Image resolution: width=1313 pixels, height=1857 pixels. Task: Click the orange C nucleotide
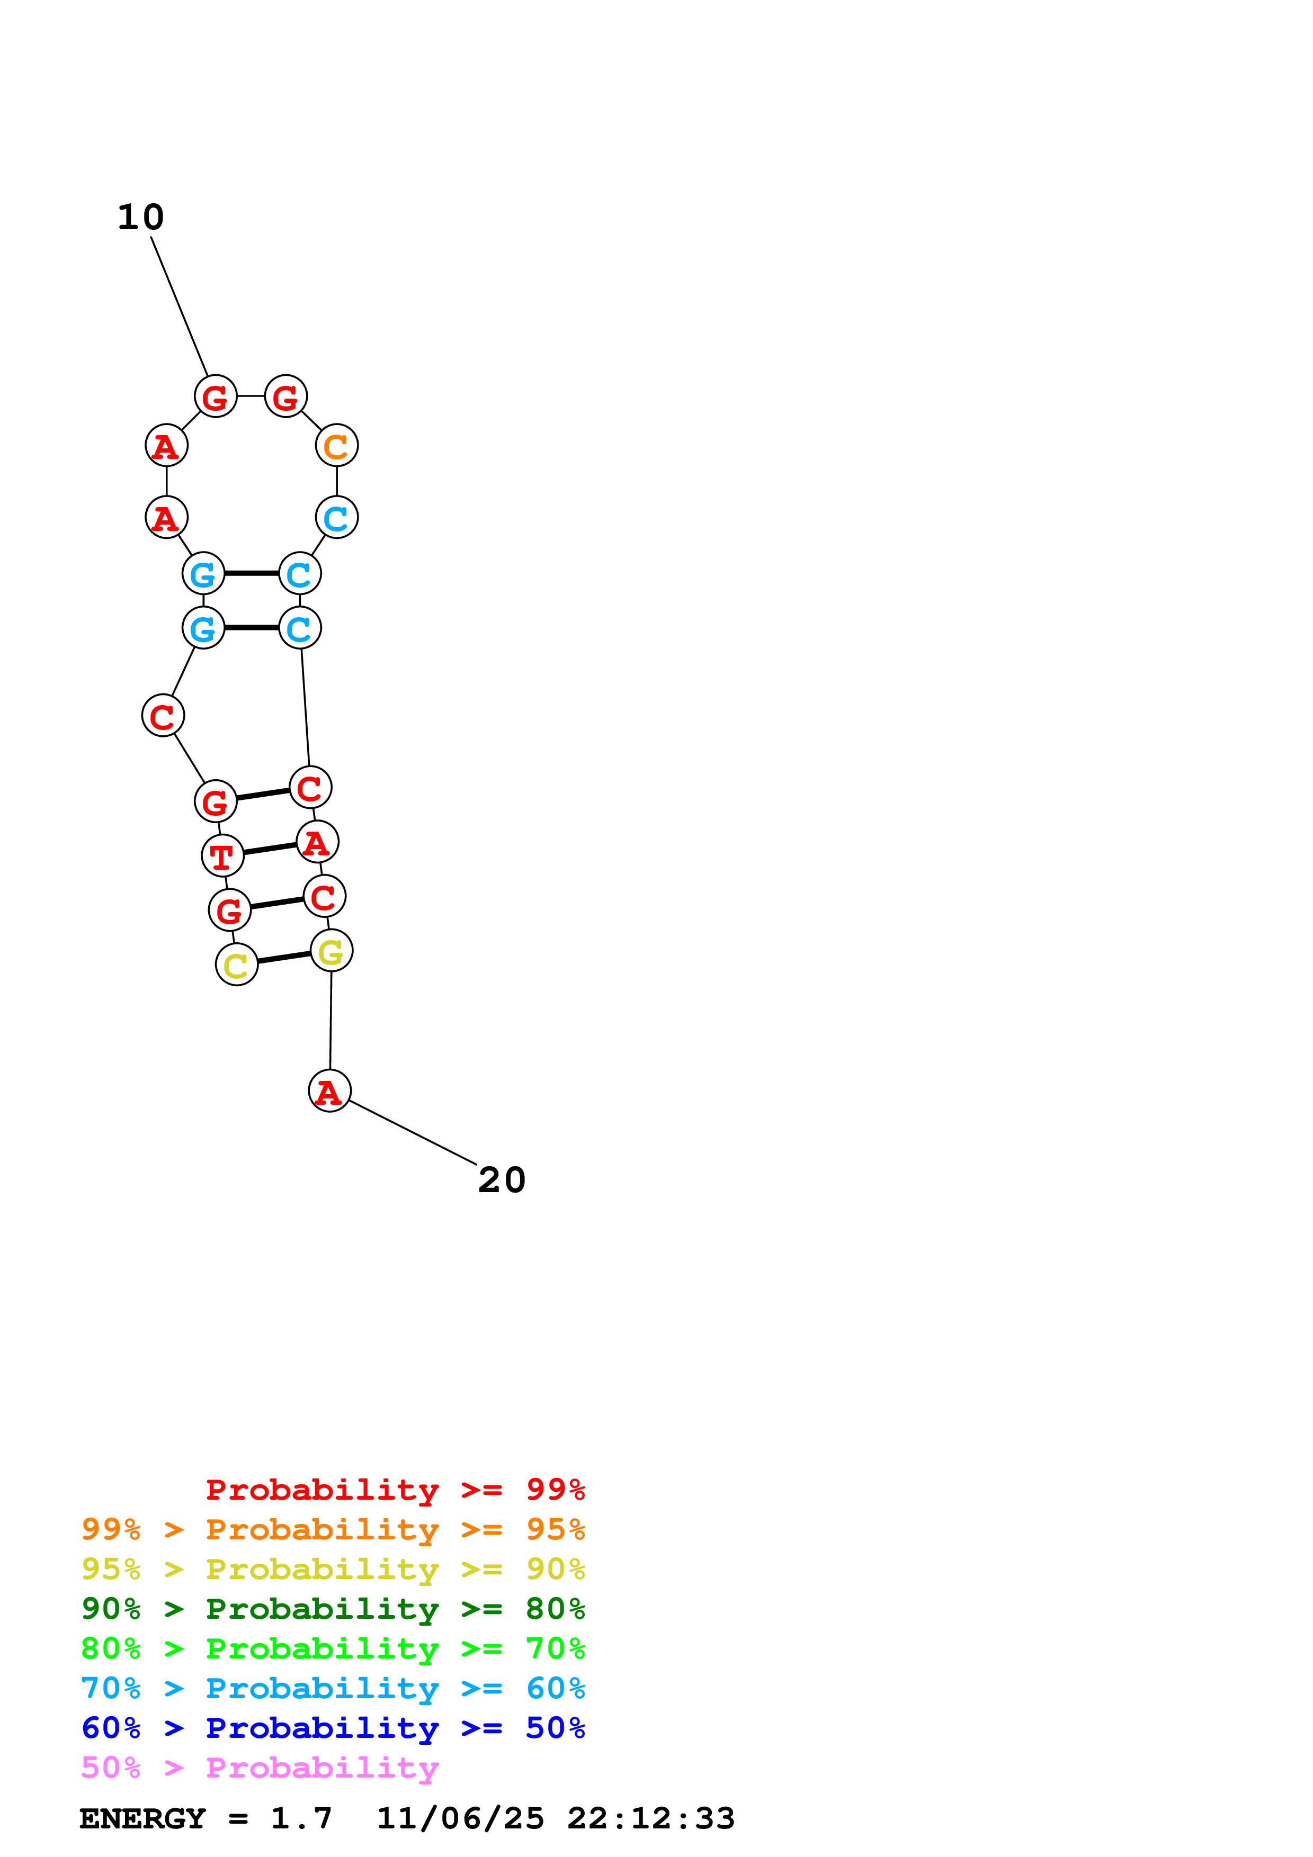tap(336, 446)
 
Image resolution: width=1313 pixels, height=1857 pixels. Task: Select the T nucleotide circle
tap(222, 855)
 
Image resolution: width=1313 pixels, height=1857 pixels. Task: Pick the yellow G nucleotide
tap(331, 951)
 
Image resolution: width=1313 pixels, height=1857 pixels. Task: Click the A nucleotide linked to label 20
tap(329, 1090)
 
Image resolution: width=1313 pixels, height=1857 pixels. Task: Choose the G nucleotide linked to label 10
tap(215, 396)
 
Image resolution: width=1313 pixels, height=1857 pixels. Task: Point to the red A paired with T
tap(317, 843)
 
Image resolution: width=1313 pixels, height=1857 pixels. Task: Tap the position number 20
tap(502, 1180)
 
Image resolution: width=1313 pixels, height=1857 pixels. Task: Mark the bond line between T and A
tap(270, 849)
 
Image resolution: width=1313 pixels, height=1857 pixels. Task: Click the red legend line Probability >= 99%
tap(395, 1490)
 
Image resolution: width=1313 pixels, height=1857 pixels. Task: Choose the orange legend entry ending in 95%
tap(333, 1529)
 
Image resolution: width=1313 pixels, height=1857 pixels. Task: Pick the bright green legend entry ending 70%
tap(333, 1648)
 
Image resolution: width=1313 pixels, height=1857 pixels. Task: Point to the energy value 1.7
tap(301, 1818)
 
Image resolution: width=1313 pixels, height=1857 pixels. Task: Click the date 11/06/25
tap(460, 1818)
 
